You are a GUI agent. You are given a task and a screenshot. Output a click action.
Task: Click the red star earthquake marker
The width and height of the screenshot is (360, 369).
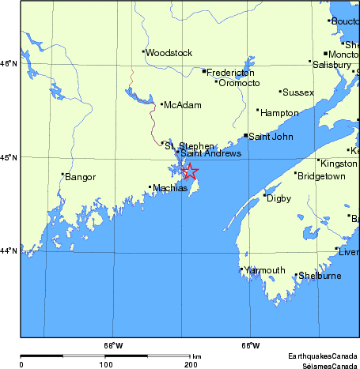click(x=189, y=171)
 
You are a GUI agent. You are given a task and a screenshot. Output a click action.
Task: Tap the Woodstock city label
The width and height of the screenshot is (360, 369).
click(x=169, y=53)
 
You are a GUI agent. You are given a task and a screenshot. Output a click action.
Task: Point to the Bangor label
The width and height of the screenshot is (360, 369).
click(x=80, y=177)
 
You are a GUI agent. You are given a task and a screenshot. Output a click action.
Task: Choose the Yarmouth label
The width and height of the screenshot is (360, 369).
click(x=264, y=270)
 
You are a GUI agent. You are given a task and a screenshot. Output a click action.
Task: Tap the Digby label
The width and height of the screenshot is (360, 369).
click(x=279, y=198)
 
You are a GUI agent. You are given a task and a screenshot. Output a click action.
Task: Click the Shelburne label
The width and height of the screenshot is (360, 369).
click(x=319, y=276)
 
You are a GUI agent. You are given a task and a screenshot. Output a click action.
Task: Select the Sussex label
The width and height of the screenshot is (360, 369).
click(x=298, y=92)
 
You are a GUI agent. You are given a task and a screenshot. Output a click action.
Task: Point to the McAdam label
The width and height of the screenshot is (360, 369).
click(x=182, y=105)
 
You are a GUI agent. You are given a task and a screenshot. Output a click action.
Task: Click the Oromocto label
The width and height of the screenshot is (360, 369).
click(x=239, y=82)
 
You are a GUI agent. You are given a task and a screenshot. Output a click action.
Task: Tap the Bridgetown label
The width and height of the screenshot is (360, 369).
click(x=320, y=176)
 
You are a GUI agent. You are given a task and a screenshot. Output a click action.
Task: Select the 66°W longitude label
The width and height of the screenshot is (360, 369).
click(x=250, y=345)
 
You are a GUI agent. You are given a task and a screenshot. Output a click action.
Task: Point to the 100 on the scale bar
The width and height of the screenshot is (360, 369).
click(x=105, y=364)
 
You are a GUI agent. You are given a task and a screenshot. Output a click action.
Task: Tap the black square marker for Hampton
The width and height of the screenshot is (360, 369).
click(x=257, y=111)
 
